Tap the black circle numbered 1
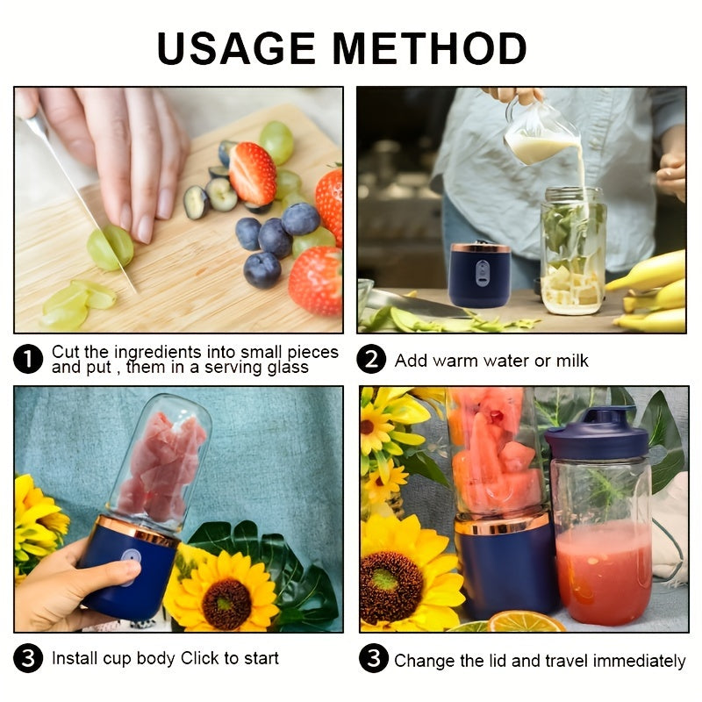pos(28,359)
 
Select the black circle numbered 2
pos(372,360)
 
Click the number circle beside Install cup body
pos(28,658)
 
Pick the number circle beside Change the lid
pos(372,659)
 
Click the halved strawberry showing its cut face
pos(253,173)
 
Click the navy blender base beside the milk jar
pos(480,276)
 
